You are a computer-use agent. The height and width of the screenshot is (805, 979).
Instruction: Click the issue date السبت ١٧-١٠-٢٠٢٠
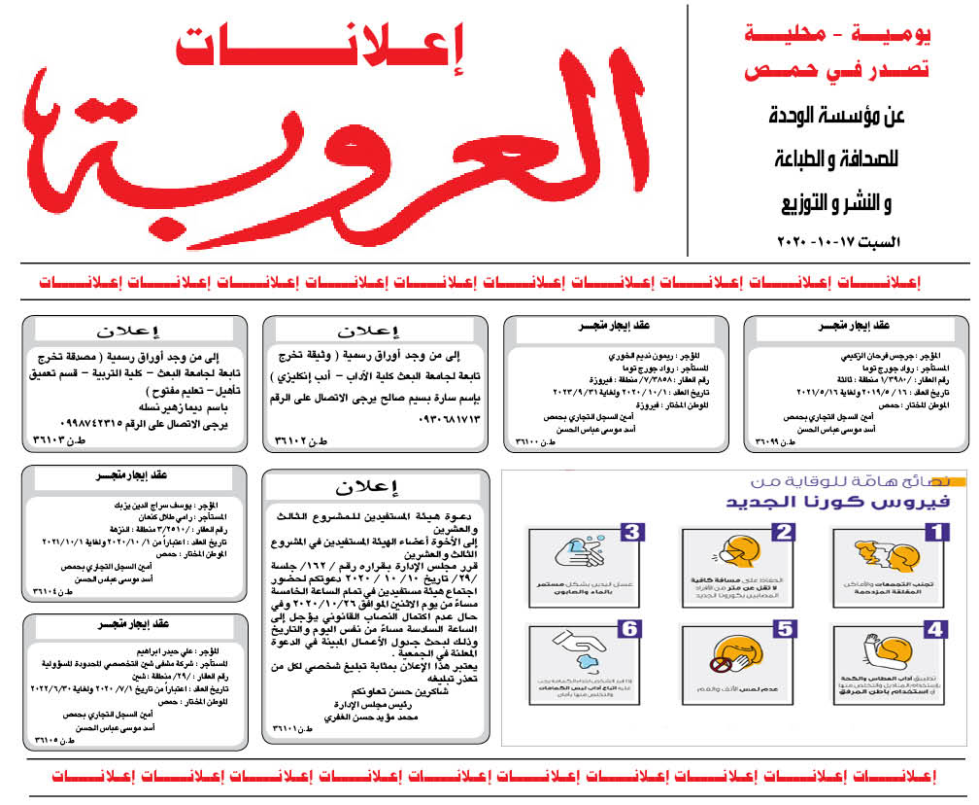tap(839, 239)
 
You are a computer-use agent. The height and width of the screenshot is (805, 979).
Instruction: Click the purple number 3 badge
tap(631, 532)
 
